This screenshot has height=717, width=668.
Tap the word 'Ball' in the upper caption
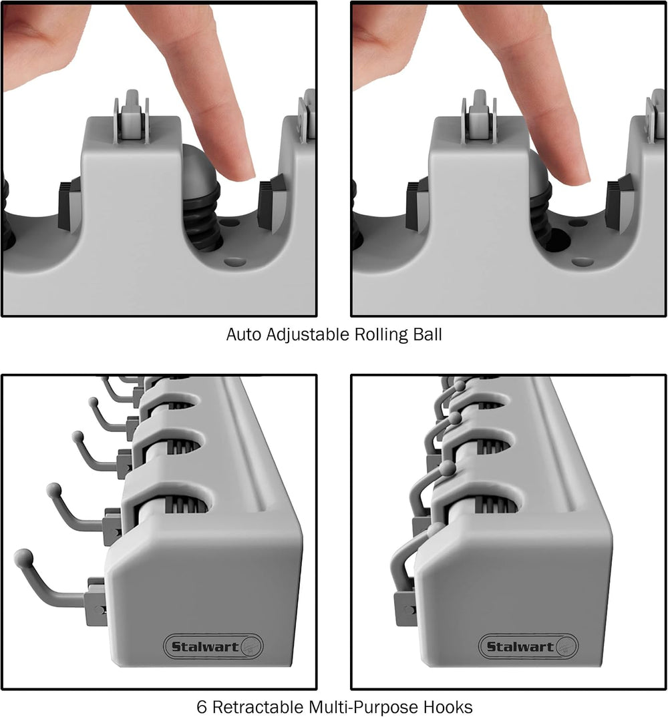[x=428, y=334]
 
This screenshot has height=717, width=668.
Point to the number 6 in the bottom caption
[x=202, y=707]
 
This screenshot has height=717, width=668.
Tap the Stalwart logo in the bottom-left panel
[x=213, y=646]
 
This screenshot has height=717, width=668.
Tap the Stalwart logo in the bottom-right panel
[x=528, y=646]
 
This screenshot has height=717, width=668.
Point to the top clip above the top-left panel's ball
[x=132, y=117]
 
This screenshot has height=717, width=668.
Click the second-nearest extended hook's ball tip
[x=54, y=490]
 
